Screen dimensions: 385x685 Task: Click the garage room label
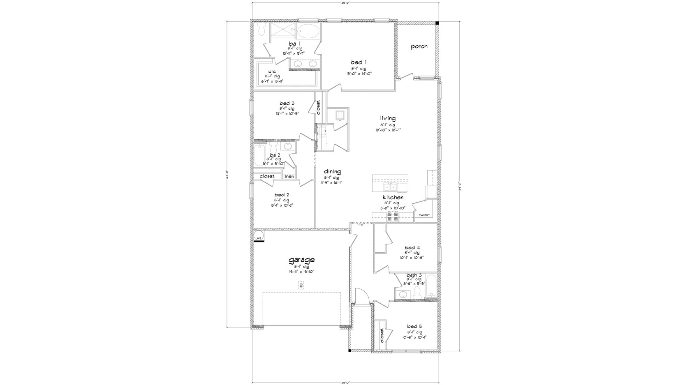click(x=301, y=260)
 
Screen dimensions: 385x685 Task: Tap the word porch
click(x=419, y=46)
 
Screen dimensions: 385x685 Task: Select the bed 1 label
click(x=359, y=62)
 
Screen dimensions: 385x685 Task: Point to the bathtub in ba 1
click(x=308, y=31)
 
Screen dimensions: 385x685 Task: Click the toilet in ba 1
click(x=261, y=29)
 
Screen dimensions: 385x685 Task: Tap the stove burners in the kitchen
click(x=392, y=216)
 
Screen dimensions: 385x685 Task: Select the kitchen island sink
click(x=391, y=187)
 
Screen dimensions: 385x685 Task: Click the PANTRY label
click(x=424, y=215)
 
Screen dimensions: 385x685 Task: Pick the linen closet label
click(x=289, y=176)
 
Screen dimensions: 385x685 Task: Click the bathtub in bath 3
click(x=431, y=286)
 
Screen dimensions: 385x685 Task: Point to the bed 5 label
click(x=414, y=326)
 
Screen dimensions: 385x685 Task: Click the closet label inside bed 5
click(x=382, y=336)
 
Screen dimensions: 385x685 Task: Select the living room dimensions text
click(x=387, y=130)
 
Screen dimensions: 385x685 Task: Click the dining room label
click(x=332, y=172)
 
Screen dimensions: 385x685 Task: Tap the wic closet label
click(x=272, y=71)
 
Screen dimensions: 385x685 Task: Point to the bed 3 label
click(x=287, y=103)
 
